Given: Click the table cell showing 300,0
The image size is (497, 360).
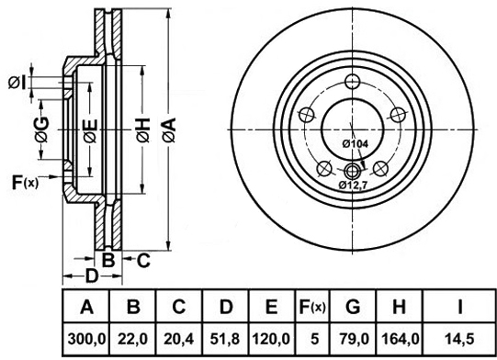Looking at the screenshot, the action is [86, 340].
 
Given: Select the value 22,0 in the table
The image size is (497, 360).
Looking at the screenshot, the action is [133, 340].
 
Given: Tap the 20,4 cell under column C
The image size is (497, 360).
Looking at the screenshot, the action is [179, 340].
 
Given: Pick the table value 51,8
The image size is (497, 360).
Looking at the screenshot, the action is [225, 340].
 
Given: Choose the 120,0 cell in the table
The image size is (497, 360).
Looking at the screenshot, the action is [271, 340].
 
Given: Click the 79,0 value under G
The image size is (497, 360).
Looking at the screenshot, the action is [353, 340].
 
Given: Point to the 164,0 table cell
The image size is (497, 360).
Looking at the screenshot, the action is [400, 340].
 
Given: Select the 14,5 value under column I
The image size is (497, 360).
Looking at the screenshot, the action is [459, 340].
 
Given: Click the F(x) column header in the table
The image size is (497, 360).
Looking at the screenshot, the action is [312, 307].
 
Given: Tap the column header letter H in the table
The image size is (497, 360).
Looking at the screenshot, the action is [400, 307].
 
